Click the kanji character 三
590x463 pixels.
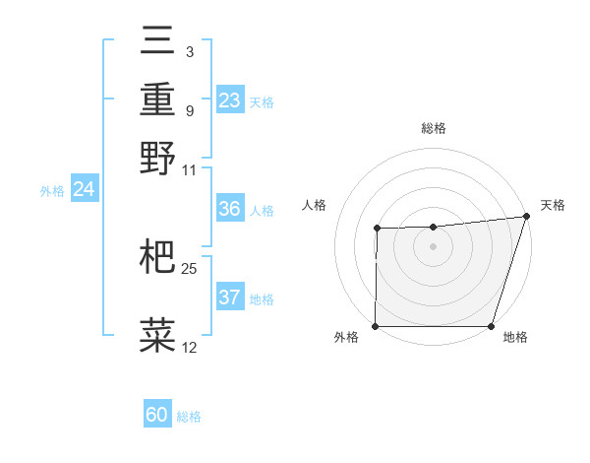(x=157, y=40)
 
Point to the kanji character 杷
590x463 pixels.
(x=157, y=257)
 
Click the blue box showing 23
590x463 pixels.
(x=230, y=100)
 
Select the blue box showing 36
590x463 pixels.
(x=230, y=210)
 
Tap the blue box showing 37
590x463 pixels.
(x=230, y=298)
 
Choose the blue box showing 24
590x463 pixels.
(x=85, y=189)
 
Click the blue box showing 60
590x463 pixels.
(x=157, y=415)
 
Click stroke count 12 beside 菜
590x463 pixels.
(x=190, y=348)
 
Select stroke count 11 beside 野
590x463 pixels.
(x=190, y=169)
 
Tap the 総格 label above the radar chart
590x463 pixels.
(x=433, y=128)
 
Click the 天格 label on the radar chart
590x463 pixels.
(x=553, y=205)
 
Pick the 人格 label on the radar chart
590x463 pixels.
(x=315, y=205)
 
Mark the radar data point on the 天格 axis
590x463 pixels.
(x=526, y=216)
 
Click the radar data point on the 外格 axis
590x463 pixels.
(x=376, y=326)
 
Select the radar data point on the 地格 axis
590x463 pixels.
(x=491, y=326)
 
